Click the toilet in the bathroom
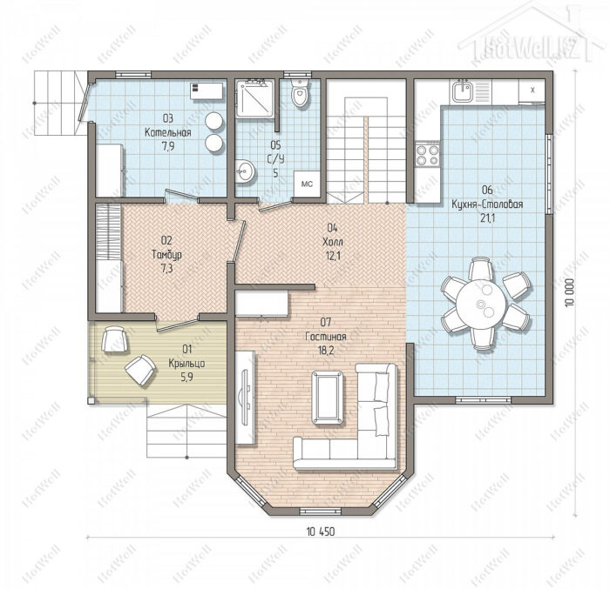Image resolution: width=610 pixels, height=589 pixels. click(300, 92)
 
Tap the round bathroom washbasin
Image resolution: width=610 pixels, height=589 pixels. click(246, 171)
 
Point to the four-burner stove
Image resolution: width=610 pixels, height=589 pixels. click(428, 155)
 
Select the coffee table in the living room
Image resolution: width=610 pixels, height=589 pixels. click(327, 397)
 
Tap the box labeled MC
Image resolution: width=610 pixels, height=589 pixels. click(307, 184)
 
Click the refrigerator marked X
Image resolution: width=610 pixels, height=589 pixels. click(532, 90)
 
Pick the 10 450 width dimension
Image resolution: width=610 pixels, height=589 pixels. click(320, 532)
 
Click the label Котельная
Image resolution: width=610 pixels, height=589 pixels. click(167, 132)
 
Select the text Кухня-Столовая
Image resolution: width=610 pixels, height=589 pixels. click(487, 204)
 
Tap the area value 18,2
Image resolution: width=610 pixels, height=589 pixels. click(326, 350)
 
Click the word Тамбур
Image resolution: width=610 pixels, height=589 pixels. click(166, 255)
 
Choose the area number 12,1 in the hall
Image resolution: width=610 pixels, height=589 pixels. click(332, 256)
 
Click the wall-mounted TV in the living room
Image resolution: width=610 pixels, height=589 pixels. click(246, 397)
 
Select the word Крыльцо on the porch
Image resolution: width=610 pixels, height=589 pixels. click(186, 364)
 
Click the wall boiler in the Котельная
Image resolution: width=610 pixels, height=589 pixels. click(207, 90)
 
